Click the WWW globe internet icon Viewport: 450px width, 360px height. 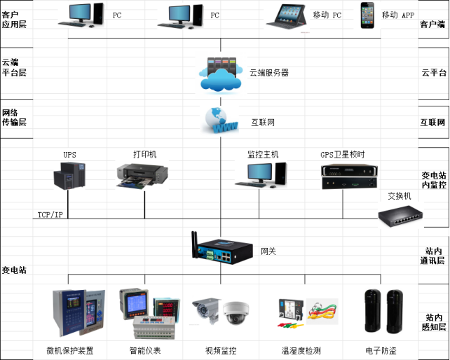(220, 120)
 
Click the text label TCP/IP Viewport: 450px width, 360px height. (50, 214)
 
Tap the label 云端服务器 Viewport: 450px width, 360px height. (269, 72)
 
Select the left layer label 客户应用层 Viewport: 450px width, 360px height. (14, 19)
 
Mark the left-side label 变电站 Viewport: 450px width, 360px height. (14, 270)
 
